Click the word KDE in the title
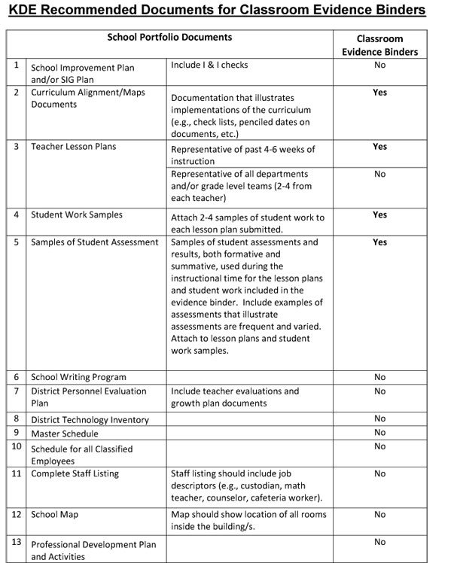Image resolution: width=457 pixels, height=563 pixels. coord(28,11)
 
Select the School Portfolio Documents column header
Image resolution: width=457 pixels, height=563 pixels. coord(169,37)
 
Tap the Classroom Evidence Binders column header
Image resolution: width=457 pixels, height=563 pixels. coord(379,45)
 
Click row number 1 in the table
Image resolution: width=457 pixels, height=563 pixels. coord(16,65)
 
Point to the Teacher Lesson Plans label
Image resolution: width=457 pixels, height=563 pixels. coord(73,146)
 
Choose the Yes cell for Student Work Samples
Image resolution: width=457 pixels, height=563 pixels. coord(379,215)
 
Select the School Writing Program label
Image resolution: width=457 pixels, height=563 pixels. coord(78,377)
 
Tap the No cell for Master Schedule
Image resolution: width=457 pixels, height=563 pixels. coord(379,433)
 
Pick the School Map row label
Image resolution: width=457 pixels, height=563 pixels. coord(54,515)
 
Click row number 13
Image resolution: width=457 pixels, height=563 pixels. coord(16,542)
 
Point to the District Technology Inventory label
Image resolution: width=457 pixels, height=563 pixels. coord(90,420)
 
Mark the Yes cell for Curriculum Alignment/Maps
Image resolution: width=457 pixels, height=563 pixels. coord(379,92)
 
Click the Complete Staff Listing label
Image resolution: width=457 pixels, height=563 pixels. coord(75,473)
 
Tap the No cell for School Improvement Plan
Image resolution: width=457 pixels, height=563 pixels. coord(379,65)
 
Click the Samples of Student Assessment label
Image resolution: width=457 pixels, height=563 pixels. coord(95,242)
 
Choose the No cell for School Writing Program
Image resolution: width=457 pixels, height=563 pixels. coord(379,377)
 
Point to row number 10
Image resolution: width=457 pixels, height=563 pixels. coord(16,446)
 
